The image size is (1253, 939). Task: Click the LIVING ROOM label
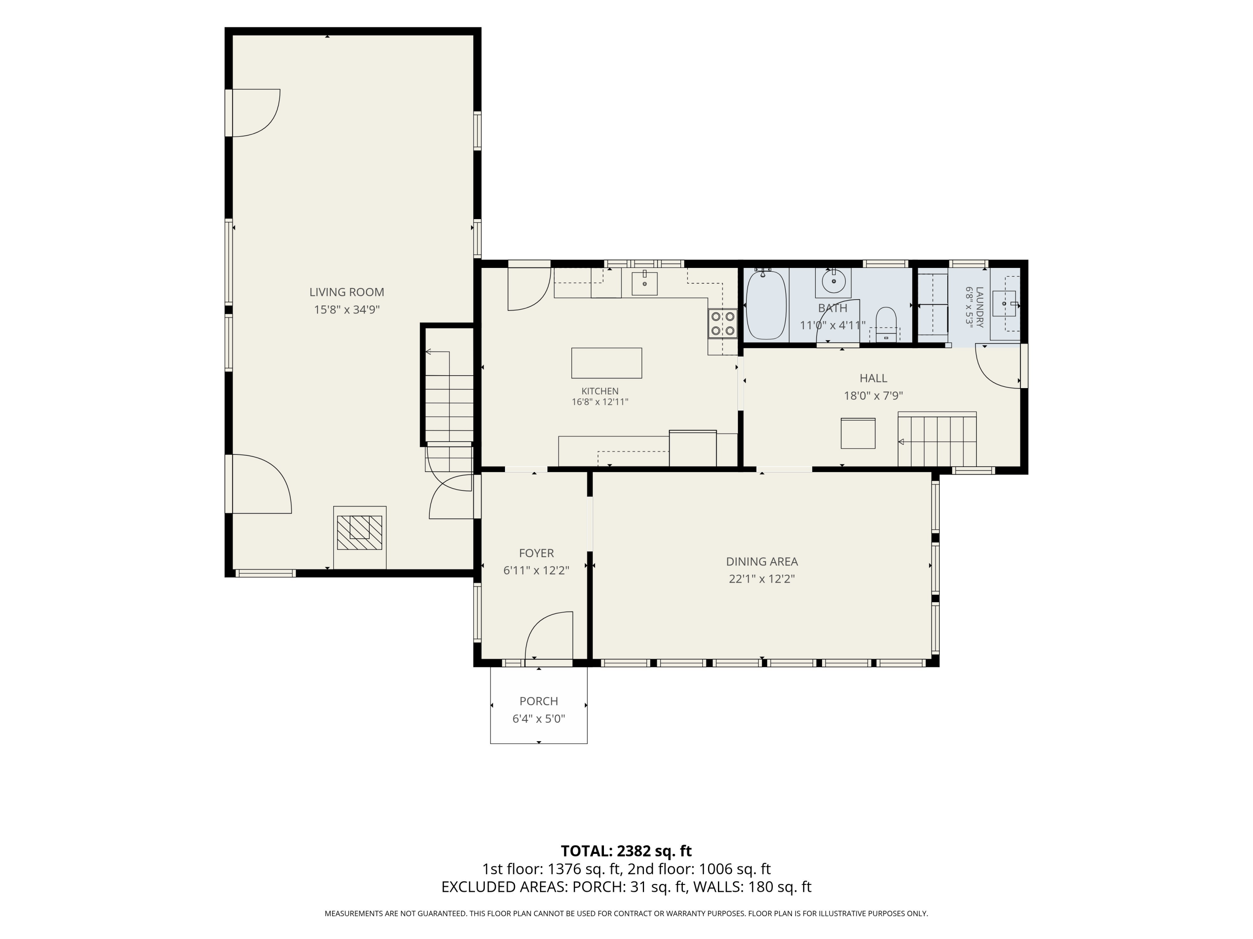pos(346,292)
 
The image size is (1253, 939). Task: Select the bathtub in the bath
pos(766,305)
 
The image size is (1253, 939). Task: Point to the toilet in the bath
pos(886,324)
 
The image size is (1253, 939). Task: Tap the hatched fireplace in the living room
pos(359,533)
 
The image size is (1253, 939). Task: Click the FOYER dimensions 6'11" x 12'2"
pos(536,570)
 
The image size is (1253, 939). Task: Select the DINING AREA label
pos(762,561)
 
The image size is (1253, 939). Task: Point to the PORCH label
pos(539,701)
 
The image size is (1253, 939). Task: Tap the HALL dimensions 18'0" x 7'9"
pos(873,396)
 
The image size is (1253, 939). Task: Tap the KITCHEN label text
pos(600,391)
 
